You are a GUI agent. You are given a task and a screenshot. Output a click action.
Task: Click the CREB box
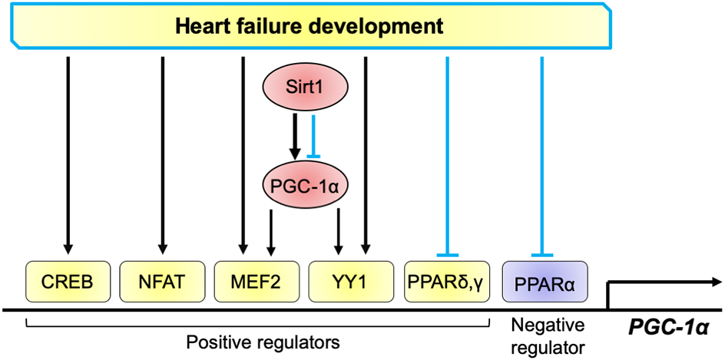pyautogui.click(x=68, y=282)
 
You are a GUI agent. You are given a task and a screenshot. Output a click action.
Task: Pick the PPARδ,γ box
pyautogui.click(x=446, y=282)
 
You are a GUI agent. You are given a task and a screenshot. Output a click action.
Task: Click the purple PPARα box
pyautogui.click(x=542, y=282)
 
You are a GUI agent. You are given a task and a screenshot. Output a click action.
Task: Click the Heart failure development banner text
pyautogui.click(x=310, y=27)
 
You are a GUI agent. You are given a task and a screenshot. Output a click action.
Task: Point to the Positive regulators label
pyautogui.click(x=256, y=338)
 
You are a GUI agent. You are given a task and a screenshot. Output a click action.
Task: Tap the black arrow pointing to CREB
pyautogui.click(x=68, y=154)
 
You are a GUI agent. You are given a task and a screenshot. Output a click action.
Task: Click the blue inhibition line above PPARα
pyautogui.click(x=542, y=154)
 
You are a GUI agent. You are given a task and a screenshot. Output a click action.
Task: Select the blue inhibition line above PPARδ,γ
pyautogui.click(x=446, y=154)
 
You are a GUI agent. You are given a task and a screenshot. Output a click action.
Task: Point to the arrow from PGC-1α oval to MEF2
pyautogui.click(x=270, y=230)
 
